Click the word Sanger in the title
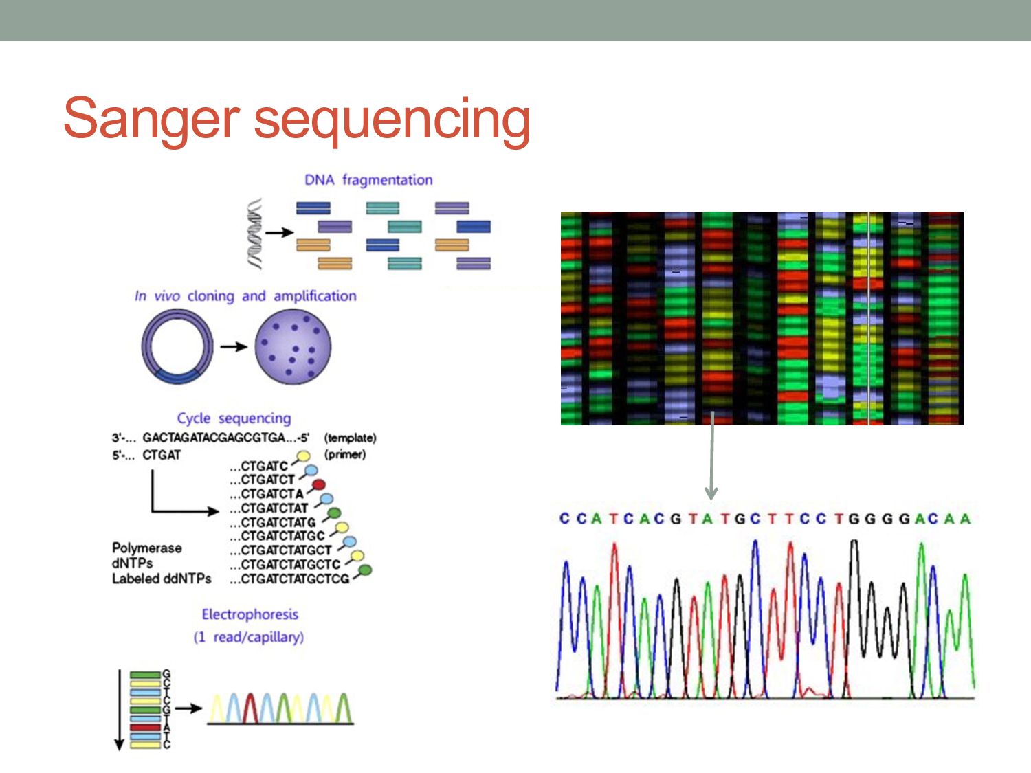151,118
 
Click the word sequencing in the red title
392,121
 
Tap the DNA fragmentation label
368,180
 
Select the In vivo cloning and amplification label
245,296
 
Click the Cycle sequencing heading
234,418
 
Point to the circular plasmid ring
177,346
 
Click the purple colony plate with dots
293,346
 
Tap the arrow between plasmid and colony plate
234,346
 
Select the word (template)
350,438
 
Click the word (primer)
344,454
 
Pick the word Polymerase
147,548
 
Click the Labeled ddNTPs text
162,579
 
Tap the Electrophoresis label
250,614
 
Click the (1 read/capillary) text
249,637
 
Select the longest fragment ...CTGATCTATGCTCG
289,579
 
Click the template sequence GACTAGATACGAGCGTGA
214,438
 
